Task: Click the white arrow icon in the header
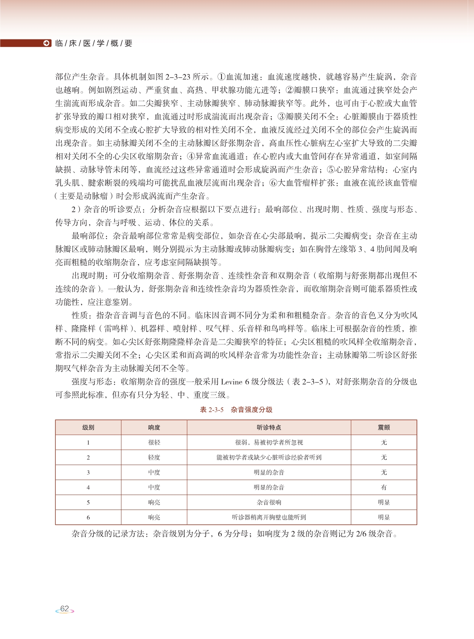click(x=46, y=43)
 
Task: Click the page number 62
click(x=65, y=609)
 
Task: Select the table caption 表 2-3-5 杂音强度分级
click(x=236, y=410)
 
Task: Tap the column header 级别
click(x=88, y=428)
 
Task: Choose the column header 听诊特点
click(x=269, y=428)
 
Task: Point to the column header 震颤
click(x=384, y=428)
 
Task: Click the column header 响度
click(x=154, y=428)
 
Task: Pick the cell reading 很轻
click(x=154, y=443)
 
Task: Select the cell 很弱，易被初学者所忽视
click(x=269, y=443)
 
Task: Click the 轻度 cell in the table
click(x=154, y=457)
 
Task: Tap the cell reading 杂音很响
click(x=269, y=502)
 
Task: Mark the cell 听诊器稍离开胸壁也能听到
click(x=269, y=517)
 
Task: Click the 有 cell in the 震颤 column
click(x=384, y=487)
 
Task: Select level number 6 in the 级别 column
click(x=88, y=517)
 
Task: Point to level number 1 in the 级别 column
click(x=88, y=443)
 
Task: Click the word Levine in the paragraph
click(x=231, y=382)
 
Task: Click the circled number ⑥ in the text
click(x=273, y=183)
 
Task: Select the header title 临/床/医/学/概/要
click(x=93, y=44)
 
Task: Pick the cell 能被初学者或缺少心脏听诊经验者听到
click(x=269, y=457)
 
